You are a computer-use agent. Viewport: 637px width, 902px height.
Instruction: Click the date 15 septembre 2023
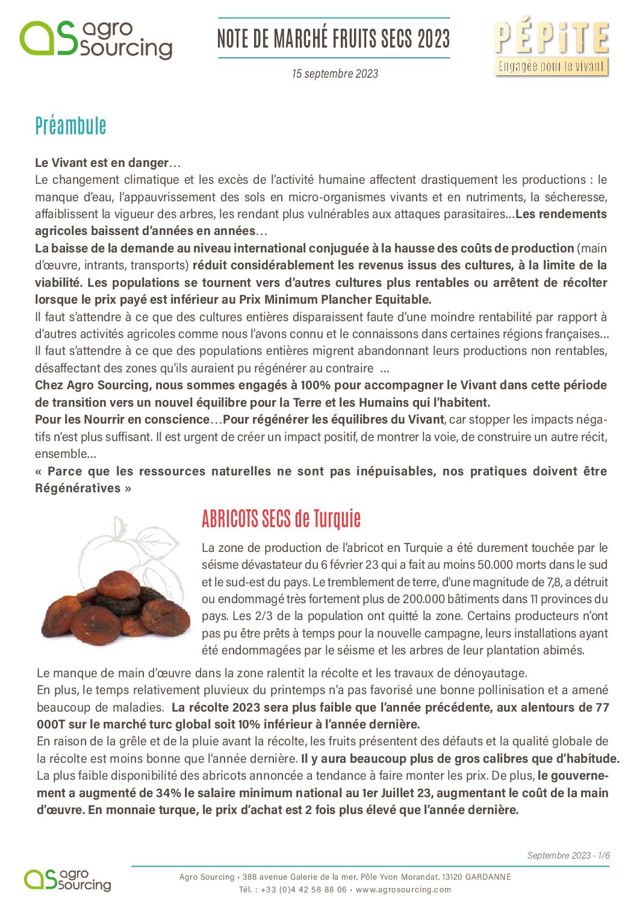pos(335,74)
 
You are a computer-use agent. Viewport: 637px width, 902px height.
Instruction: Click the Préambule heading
pos(70,126)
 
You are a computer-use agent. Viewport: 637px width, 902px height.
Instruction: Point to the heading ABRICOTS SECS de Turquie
pos(281,519)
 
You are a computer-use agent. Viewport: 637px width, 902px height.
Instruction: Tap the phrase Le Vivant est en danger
pos(102,163)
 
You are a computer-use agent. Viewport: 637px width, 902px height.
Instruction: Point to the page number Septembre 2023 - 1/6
pos(568,855)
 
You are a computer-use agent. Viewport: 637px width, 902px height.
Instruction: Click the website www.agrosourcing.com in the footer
pos(403,889)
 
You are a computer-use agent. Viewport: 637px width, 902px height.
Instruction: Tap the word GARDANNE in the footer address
pos(488,877)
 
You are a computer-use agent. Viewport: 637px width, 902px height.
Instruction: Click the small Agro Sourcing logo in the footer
pos(67,880)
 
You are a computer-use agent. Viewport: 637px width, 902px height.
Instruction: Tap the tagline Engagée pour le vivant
pos(551,66)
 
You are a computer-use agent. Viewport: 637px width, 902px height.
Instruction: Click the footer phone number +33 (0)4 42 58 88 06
pos(303,889)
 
